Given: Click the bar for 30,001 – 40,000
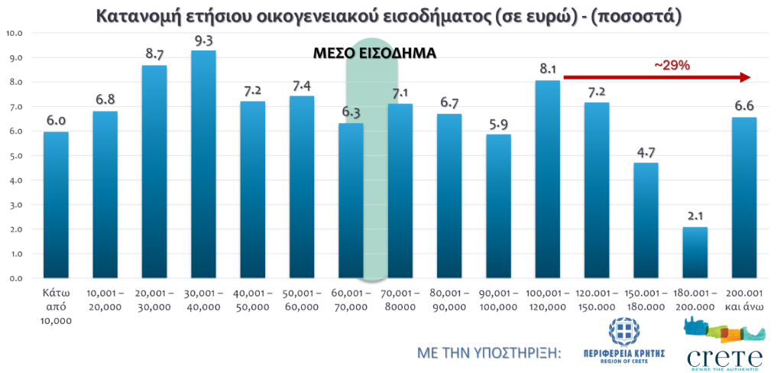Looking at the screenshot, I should click(203, 164).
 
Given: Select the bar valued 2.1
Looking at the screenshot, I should click(694, 252).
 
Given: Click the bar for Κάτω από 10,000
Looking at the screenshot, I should click(56, 205).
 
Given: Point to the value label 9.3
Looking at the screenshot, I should click(203, 38).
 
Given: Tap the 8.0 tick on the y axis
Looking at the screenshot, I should click(14, 83).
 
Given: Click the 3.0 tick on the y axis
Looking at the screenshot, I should click(14, 205).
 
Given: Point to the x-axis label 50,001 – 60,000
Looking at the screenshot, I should click(302, 300).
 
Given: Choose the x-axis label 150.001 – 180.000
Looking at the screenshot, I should click(646, 300).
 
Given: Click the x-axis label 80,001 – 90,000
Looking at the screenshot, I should click(449, 300).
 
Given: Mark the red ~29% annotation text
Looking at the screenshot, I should click(672, 66).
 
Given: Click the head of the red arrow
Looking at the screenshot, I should click(746, 77).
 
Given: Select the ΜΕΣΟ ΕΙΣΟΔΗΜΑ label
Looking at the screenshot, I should click(375, 54).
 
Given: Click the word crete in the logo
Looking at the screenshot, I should click(725, 357).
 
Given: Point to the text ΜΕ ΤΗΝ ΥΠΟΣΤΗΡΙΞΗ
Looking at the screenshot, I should click(489, 352).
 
